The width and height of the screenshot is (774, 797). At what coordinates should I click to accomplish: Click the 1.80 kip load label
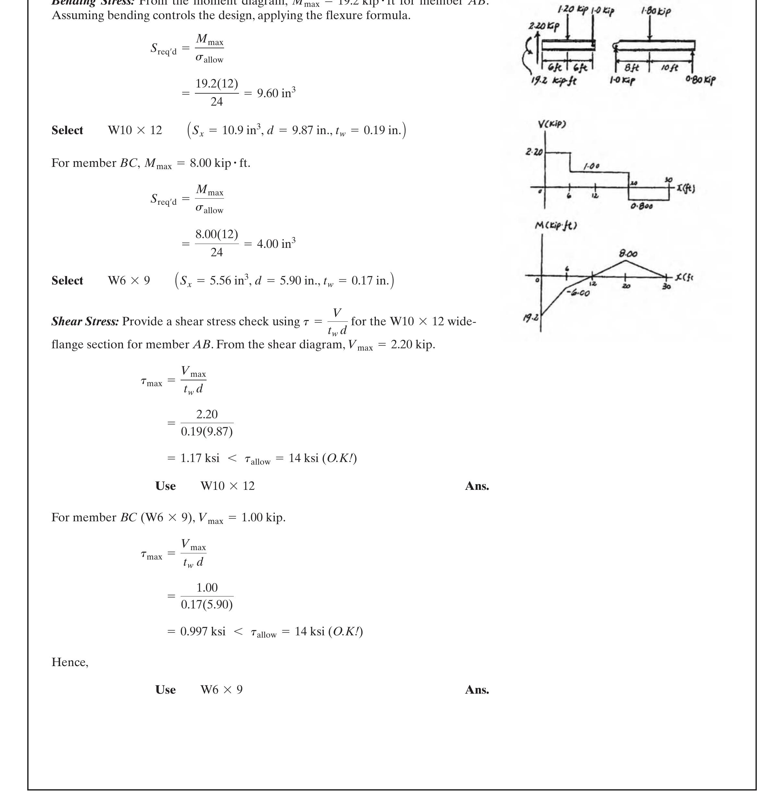click(x=656, y=11)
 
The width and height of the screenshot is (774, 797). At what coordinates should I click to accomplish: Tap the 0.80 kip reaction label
click(x=700, y=80)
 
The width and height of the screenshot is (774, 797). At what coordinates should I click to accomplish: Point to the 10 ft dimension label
click(x=669, y=67)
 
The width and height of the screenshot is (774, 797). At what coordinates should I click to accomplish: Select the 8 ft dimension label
click(x=632, y=67)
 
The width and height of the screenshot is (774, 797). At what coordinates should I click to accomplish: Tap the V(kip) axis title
click(x=552, y=124)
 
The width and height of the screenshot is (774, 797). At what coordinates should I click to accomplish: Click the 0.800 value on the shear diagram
click(x=642, y=206)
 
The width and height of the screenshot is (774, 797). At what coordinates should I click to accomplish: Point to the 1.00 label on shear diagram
click(x=591, y=166)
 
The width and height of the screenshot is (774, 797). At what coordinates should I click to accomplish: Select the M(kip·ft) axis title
click(x=555, y=225)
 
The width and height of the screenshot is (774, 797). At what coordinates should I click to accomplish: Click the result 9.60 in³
click(x=276, y=93)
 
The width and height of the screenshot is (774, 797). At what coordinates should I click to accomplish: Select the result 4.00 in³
click(x=276, y=244)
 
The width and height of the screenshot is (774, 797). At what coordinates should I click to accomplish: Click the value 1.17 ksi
click(x=200, y=458)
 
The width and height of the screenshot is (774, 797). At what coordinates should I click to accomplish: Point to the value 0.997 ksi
click(x=203, y=631)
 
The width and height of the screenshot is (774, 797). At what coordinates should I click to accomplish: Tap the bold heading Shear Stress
click(x=85, y=321)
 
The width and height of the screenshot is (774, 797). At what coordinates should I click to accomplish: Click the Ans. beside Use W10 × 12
click(x=477, y=486)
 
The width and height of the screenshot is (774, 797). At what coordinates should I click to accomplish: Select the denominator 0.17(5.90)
click(x=207, y=605)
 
